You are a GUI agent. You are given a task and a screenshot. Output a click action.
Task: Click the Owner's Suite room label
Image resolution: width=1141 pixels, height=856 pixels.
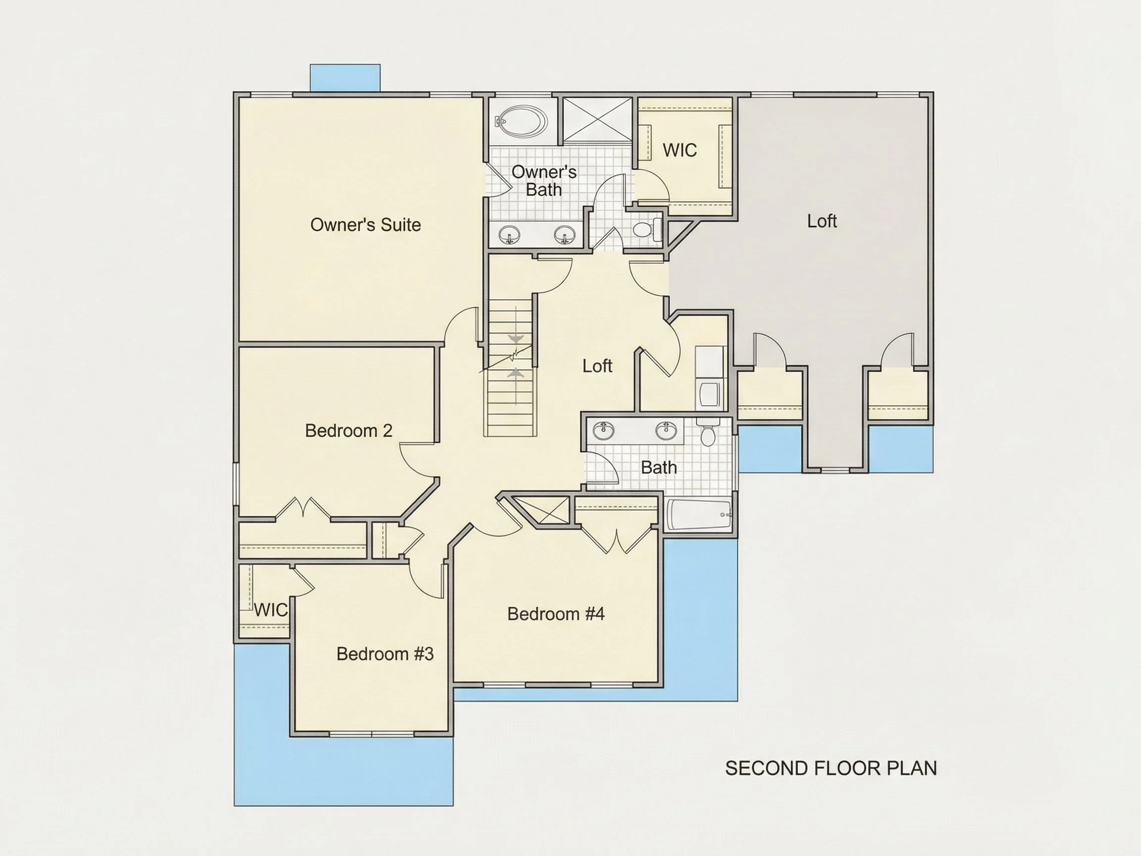pos(365,225)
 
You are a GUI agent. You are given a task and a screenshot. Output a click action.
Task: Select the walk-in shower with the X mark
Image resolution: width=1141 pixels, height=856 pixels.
pos(597,119)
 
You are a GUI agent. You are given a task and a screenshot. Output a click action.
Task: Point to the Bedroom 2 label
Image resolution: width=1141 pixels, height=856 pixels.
pos(349,430)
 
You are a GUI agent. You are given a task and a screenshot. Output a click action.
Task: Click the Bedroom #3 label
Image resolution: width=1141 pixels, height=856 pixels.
pos(385,654)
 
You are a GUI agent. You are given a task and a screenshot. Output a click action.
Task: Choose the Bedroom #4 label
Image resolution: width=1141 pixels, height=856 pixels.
pos(556,613)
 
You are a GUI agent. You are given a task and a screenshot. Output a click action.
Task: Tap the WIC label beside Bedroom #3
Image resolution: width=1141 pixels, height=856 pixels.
pos(270,610)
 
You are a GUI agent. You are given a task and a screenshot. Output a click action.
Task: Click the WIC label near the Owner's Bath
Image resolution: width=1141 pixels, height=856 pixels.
pos(679,150)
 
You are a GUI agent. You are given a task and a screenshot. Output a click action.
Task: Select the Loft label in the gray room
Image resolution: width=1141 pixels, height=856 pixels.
pos(822,221)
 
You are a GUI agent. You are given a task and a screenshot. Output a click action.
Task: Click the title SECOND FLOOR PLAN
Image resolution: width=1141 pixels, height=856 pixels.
pos(831,768)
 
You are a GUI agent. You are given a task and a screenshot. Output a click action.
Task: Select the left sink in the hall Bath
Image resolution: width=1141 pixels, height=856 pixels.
pos(603,429)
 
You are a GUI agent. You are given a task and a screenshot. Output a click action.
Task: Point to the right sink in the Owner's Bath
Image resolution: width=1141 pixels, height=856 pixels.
pos(565,235)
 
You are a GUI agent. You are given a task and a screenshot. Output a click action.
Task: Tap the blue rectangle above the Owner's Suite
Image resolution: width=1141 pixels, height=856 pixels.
pos(345,78)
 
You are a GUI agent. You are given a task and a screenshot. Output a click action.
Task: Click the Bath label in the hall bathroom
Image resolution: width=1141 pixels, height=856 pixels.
pos(659,468)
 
